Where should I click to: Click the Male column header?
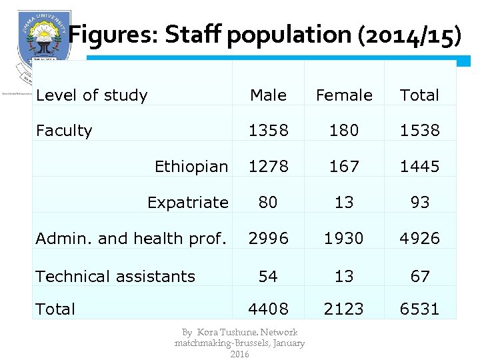click(x=268, y=95)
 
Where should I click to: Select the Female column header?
click(x=344, y=95)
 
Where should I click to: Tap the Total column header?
click(x=419, y=95)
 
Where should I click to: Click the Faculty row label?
click(x=64, y=131)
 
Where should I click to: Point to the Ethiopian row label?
click(x=191, y=167)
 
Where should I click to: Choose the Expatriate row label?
click(x=187, y=203)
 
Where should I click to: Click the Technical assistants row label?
click(x=115, y=276)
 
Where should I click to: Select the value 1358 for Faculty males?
click(x=268, y=131)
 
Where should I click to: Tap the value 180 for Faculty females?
click(x=344, y=131)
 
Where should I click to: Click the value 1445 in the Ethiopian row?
click(x=419, y=167)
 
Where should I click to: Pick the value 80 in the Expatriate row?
click(x=268, y=203)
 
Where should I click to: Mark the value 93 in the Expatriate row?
click(x=419, y=203)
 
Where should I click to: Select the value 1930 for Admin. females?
click(x=344, y=239)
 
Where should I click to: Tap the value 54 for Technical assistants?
click(x=268, y=276)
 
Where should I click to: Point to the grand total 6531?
click(x=419, y=309)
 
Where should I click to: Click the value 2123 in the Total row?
click(x=344, y=309)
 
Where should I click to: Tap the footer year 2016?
click(x=239, y=354)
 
